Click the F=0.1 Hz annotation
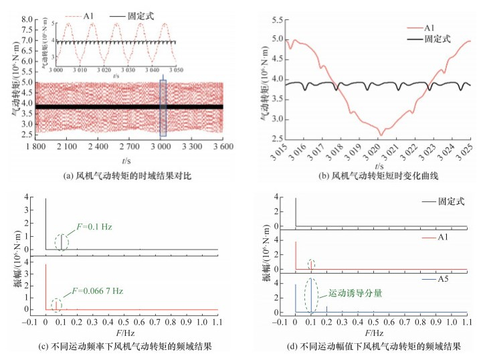click(x=90, y=228)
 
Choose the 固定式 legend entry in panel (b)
click(x=439, y=39)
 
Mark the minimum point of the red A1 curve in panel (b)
click(x=381, y=135)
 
